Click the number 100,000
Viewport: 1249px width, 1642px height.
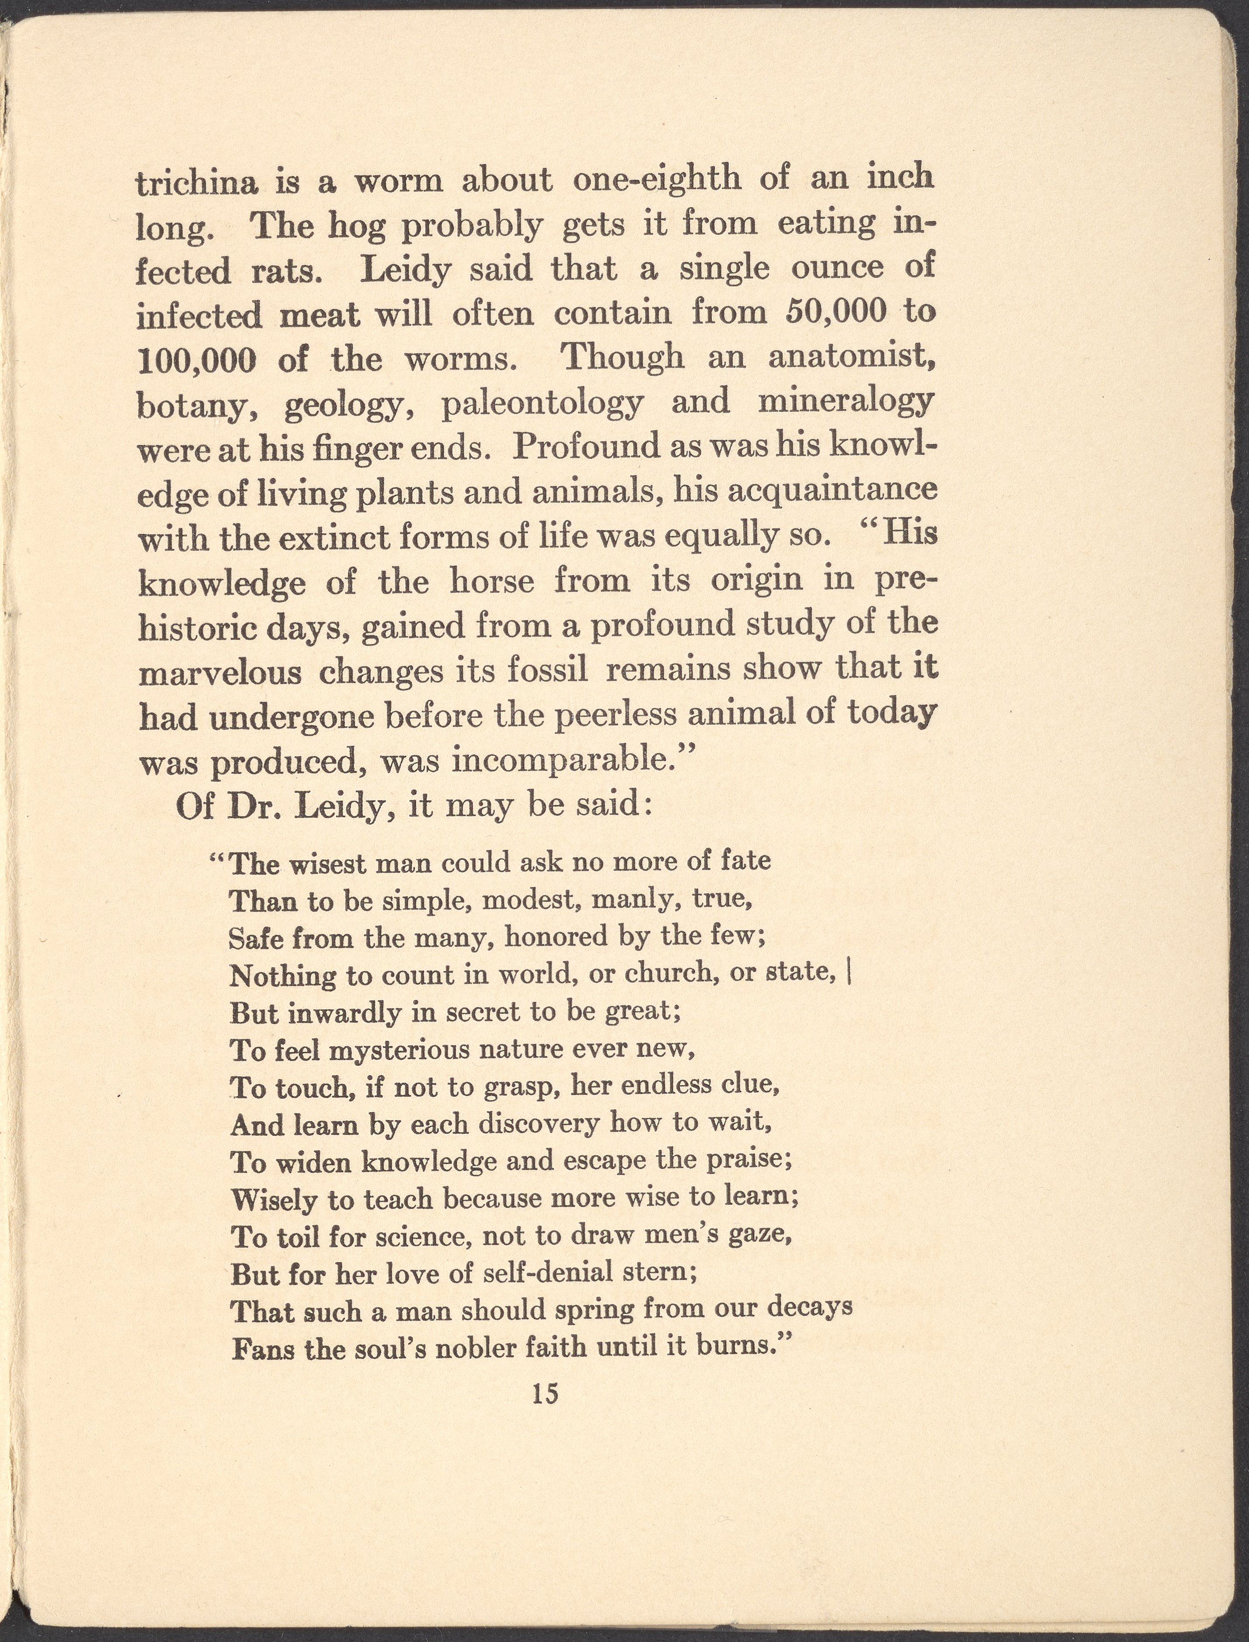[197, 361]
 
